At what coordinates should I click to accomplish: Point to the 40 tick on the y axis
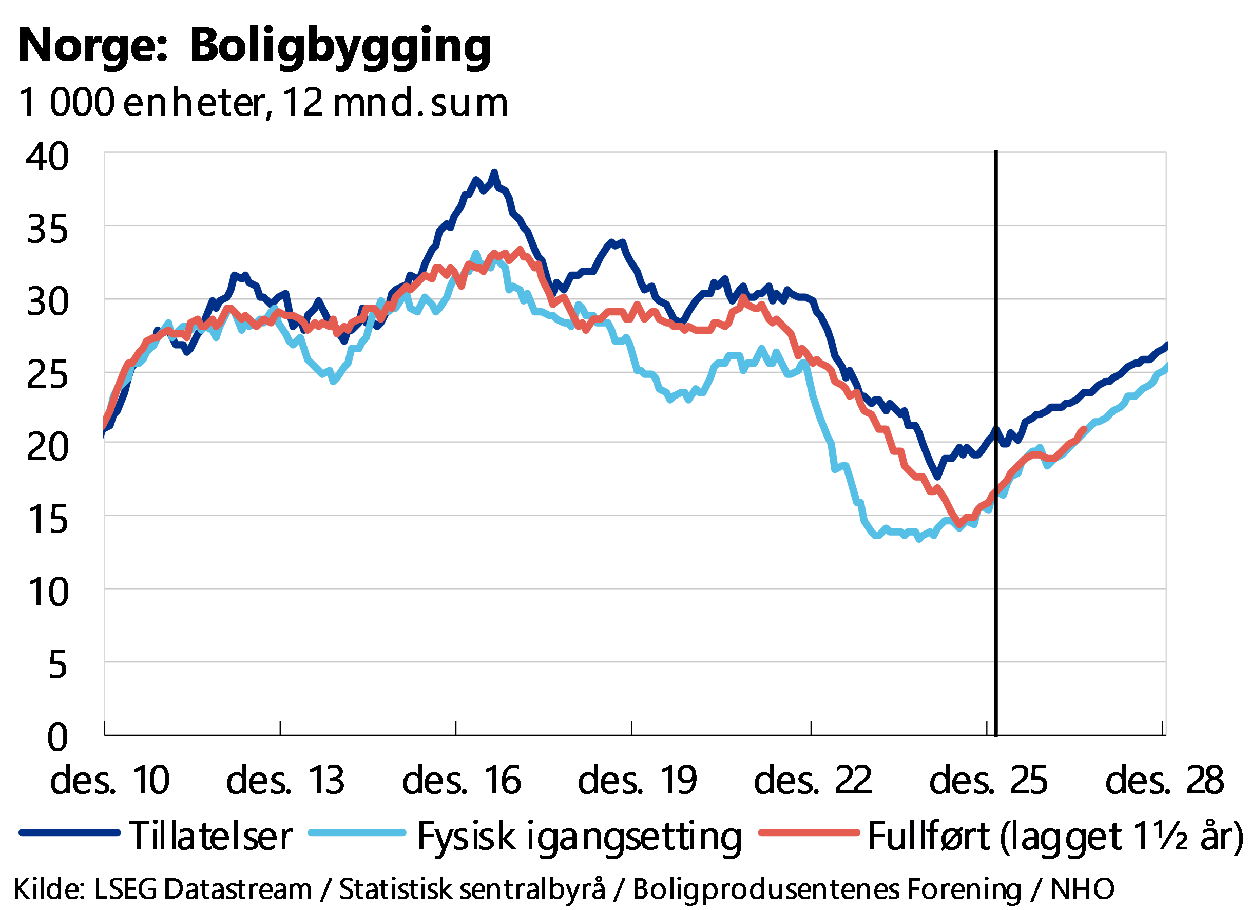(x=47, y=157)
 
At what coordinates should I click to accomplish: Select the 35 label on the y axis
(x=47, y=229)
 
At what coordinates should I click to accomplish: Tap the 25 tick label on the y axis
(x=47, y=374)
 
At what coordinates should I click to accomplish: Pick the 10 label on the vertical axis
(x=48, y=593)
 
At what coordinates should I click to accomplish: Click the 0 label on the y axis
(x=57, y=737)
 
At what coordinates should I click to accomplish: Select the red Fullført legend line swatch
(x=809, y=832)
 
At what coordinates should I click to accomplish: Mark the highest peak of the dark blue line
(x=494, y=173)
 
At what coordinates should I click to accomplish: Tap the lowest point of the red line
(x=959, y=524)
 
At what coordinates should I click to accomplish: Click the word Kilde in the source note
(x=47, y=888)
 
